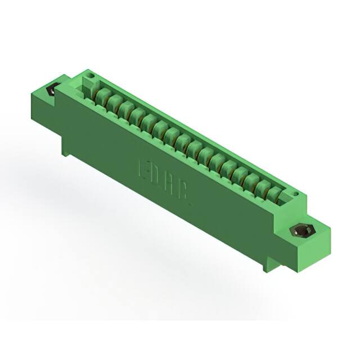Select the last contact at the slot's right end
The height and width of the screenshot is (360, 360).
tap(274, 193)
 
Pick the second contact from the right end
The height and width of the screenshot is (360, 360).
tap(263, 187)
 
